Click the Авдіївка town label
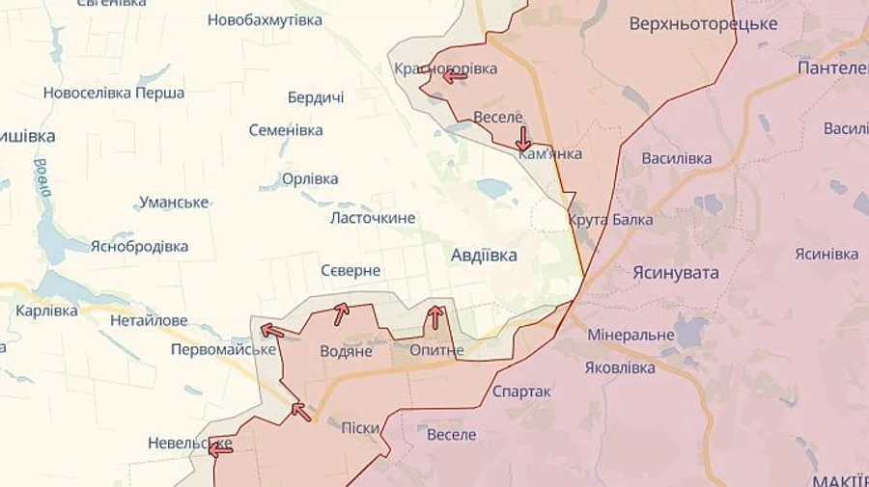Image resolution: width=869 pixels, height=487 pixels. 484,256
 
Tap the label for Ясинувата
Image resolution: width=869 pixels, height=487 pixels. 676,273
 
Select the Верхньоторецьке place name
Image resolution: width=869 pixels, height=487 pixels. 703,24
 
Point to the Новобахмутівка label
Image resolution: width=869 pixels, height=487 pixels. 265,19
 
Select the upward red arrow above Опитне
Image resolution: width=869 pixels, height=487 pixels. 435,316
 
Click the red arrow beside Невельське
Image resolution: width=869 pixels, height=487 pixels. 220,447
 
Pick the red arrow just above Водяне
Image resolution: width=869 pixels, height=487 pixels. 340,313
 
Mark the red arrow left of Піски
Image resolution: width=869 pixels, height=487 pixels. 301,412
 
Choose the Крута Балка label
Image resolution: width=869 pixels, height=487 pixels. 610,220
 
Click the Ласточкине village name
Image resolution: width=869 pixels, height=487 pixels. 373,218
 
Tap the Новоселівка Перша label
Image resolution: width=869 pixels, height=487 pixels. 114,94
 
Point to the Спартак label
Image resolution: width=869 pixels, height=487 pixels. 521,392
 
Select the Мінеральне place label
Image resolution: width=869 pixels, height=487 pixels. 631,336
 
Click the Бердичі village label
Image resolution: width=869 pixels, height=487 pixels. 316,98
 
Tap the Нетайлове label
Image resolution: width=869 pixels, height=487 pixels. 148,319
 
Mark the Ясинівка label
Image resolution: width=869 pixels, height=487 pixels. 827,254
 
